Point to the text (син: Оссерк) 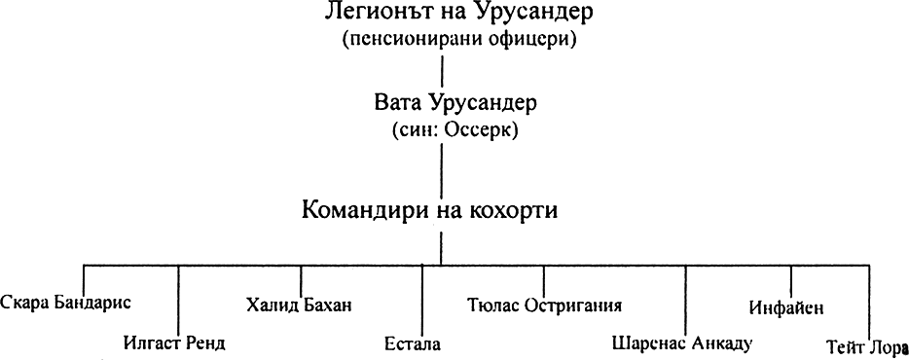tap(444, 128)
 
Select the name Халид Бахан tap(300, 306)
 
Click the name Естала tap(413, 343)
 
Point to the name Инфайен tap(787, 307)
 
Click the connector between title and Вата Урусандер tap(444, 70)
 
